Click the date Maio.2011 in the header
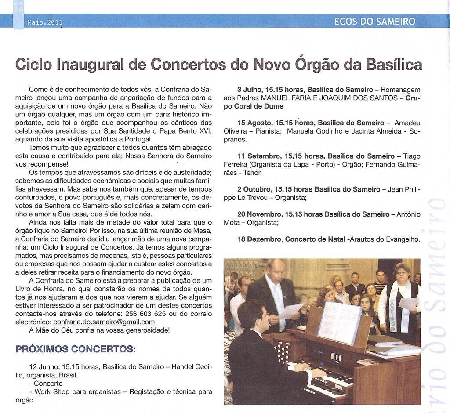tap(45, 22)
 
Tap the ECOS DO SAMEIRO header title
tap(374, 21)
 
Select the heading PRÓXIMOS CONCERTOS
tap(75, 349)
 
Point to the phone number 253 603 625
tap(144, 314)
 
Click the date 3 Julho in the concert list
tap(249, 90)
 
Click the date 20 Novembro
tap(258, 214)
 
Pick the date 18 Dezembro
tap(258, 239)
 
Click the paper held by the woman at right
tap(408, 303)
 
